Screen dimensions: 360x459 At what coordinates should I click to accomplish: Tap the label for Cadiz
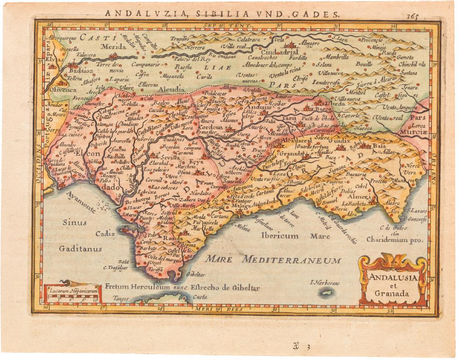105,234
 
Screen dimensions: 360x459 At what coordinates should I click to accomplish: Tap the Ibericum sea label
280,236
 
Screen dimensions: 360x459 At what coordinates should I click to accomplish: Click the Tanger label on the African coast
121,299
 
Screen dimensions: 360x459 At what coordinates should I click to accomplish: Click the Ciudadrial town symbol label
286,52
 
